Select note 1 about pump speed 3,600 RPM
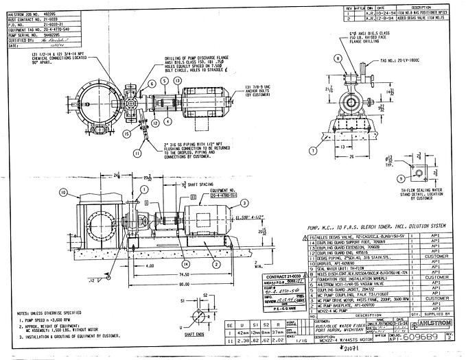click(55, 320)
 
